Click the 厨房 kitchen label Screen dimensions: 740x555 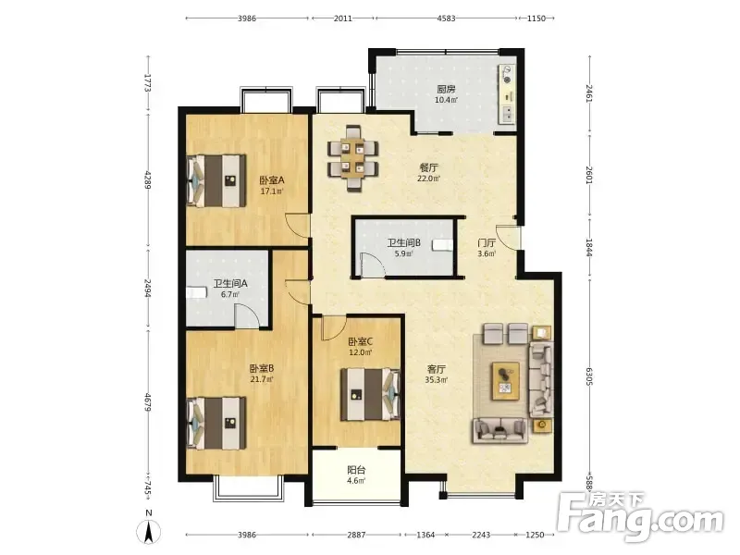[446, 89]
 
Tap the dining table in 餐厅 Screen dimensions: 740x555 [353, 158]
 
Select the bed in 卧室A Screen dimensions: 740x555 [216, 180]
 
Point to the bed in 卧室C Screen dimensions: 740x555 [371, 394]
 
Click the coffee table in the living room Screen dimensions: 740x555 [505, 381]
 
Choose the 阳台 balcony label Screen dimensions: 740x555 [356, 470]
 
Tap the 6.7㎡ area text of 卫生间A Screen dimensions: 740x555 [230, 294]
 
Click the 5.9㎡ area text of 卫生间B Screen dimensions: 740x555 [403, 253]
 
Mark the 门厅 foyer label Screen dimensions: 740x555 [487, 242]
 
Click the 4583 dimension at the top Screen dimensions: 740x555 [446, 18]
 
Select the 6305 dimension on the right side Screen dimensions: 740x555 [588, 376]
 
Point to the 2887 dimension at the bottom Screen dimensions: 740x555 [356, 535]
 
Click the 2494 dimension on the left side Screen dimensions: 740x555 [148, 288]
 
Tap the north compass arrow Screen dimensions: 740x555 [149, 533]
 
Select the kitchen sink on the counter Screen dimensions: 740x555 [508, 114]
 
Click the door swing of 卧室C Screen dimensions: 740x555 [334, 328]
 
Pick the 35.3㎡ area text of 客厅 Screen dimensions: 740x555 [436, 379]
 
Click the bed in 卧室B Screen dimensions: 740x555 [216, 423]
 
